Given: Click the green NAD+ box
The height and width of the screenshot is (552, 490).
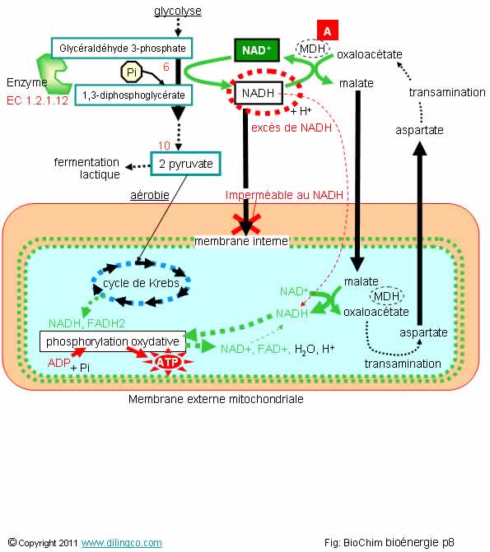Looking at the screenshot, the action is (x=257, y=50).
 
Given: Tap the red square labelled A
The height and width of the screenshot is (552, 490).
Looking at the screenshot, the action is (x=328, y=30).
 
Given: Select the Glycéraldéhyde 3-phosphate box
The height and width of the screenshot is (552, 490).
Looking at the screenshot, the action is (x=122, y=48).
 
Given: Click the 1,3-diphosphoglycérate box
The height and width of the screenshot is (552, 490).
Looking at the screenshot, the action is (x=133, y=95).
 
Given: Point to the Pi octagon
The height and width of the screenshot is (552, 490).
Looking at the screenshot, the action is (x=132, y=72).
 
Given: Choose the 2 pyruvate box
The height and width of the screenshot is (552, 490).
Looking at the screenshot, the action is (x=186, y=164).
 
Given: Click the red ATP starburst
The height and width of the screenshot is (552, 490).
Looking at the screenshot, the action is (x=168, y=362).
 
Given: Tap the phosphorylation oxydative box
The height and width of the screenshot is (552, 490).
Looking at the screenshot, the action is (x=113, y=341).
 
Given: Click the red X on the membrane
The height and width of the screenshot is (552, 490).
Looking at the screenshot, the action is (x=246, y=225).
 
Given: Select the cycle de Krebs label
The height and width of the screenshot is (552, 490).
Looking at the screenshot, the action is (x=141, y=283).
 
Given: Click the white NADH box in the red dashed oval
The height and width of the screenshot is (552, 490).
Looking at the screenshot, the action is (x=259, y=93).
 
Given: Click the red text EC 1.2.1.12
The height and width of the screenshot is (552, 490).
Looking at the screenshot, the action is (x=37, y=100).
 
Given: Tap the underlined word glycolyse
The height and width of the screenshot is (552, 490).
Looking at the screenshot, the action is (x=178, y=11).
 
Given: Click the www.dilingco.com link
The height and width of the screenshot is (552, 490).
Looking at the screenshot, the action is (x=122, y=542).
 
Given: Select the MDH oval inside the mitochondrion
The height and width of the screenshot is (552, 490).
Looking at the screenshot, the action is (x=386, y=296).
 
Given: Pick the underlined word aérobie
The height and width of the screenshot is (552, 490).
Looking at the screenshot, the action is (x=150, y=195).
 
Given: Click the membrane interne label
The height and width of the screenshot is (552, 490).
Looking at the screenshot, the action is (x=241, y=241).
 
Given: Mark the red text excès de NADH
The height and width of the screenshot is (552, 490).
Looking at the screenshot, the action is (x=292, y=128).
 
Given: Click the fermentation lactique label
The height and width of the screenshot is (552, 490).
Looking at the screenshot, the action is (x=87, y=169).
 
